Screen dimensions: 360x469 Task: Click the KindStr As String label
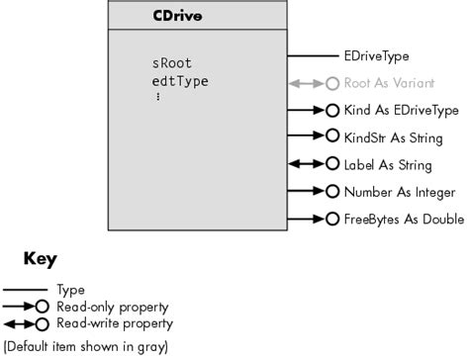coord(390,137)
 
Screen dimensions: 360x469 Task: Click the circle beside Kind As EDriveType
coord(331,111)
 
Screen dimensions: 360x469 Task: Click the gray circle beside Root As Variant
coord(331,84)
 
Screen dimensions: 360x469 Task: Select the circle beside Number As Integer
coord(331,191)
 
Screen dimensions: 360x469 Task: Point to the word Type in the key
coord(71,290)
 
